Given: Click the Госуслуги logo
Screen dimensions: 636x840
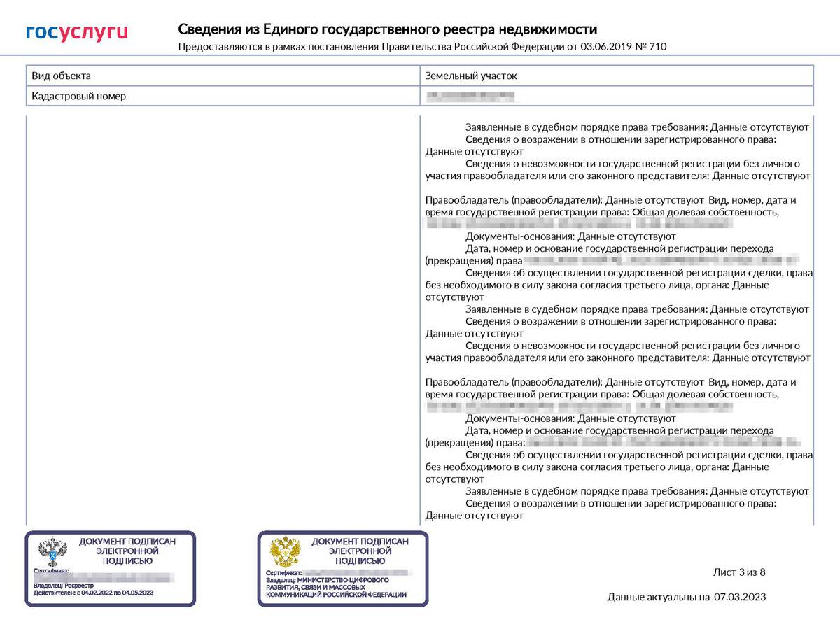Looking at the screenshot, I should [x=77, y=32].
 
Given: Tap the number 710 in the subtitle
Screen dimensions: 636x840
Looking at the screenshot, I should [x=658, y=47].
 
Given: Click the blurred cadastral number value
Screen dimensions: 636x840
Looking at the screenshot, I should [x=470, y=96].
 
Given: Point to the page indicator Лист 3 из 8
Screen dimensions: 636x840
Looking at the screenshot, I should [x=739, y=572].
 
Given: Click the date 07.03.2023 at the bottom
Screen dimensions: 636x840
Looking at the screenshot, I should [x=740, y=597].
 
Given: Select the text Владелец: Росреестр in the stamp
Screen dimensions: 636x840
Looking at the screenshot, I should [x=64, y=585].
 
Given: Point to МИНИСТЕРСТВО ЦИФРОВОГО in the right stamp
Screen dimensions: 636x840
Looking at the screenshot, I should [x=343, y=580].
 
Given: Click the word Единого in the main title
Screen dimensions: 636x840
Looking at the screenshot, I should [x=290, y=29].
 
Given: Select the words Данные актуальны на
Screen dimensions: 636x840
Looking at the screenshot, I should [x=658, y=597].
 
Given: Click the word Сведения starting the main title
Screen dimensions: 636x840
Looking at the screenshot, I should [x=210, y=29].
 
